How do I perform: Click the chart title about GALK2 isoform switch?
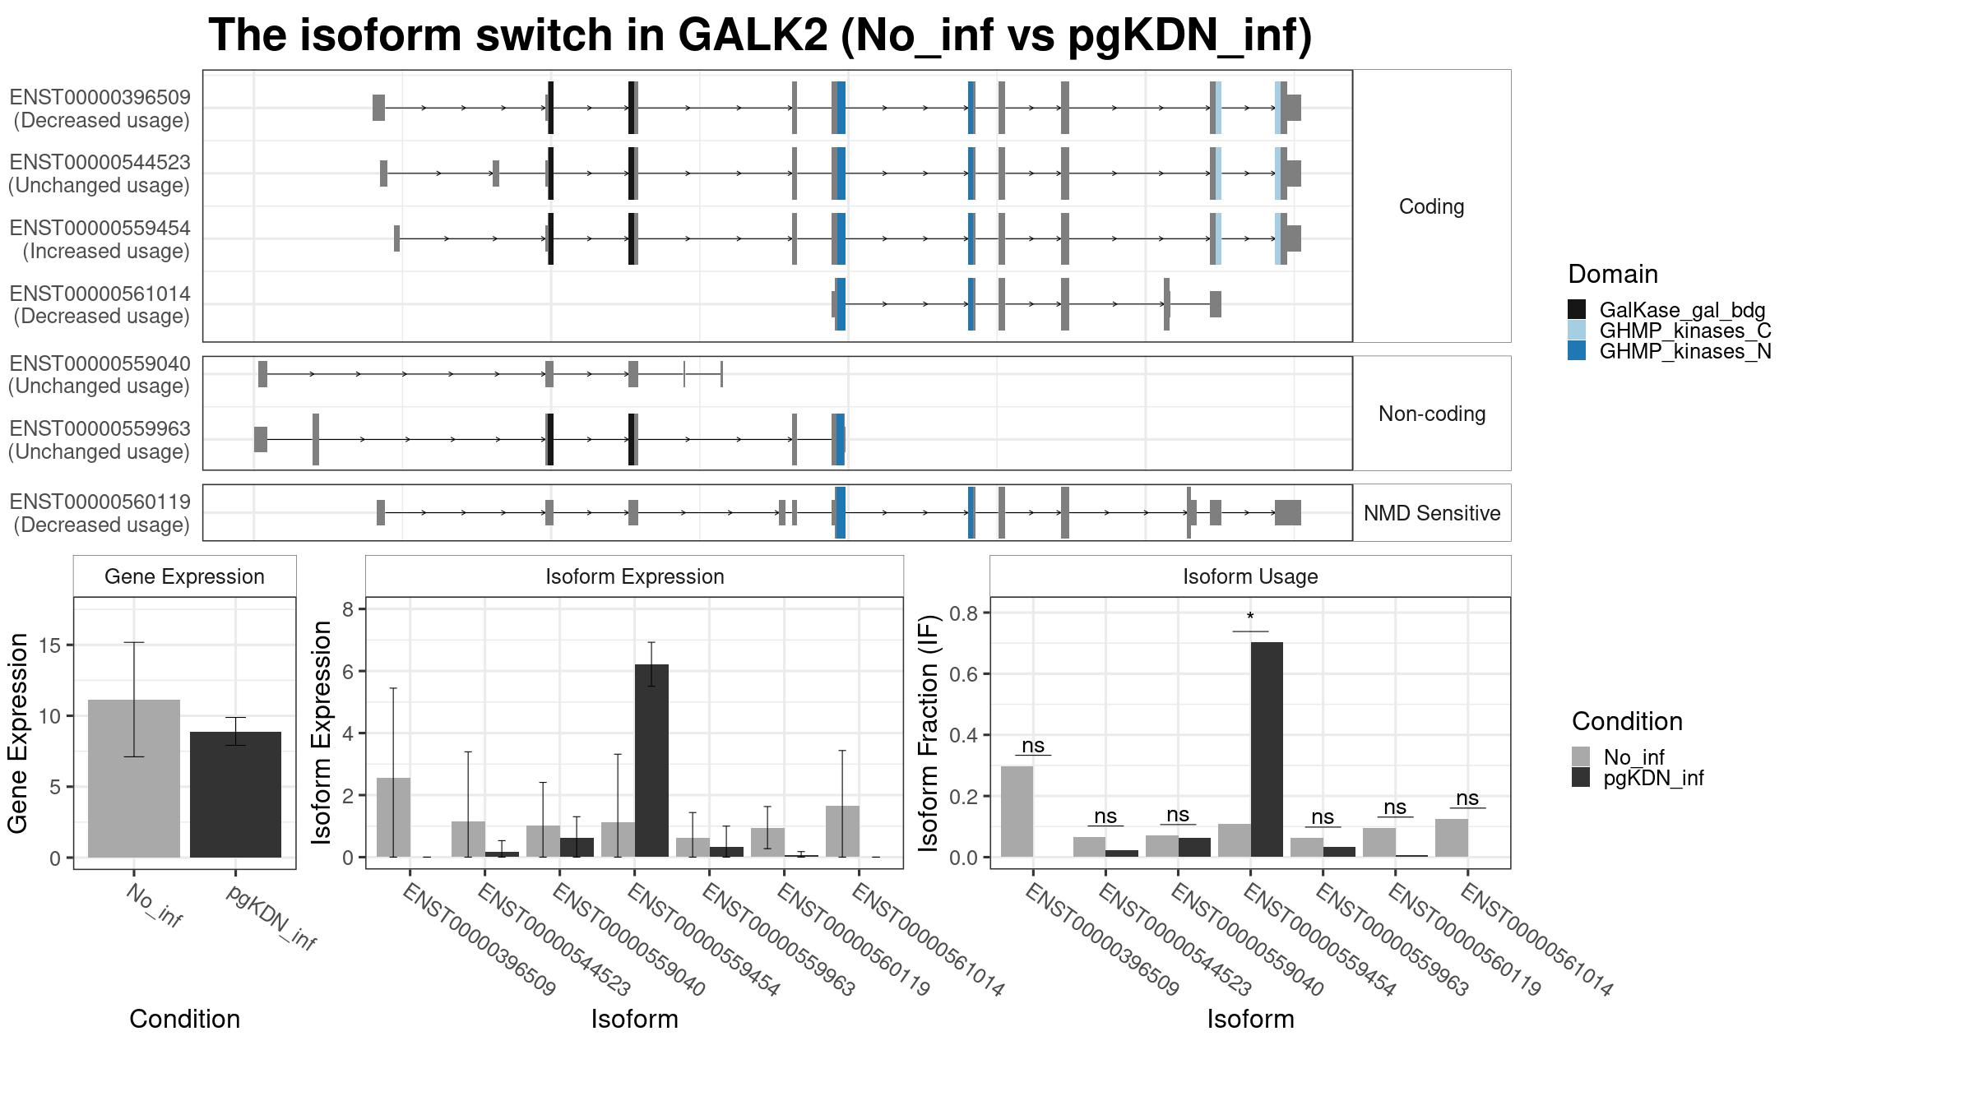[x=760, y=35]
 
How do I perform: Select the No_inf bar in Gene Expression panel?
[x=134, y=779]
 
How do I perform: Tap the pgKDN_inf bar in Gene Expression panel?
[x=235, y=794]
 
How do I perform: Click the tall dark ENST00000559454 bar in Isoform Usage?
[x=1267, y=750]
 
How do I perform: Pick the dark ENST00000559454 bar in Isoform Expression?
[x=651, y=761]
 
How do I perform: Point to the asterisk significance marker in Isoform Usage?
[x=1250, y=617]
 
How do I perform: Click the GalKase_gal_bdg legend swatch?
[x=1577, y=310]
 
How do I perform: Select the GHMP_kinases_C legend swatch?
[x=1577, y=331]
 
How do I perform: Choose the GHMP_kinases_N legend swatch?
[x=1577, y=351]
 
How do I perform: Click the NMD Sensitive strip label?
[x=1432, y=513]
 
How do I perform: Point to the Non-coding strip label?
[x=1432, y=414]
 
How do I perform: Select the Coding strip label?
[x=1432, y=206]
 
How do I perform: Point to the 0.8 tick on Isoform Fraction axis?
[x=966, y=613]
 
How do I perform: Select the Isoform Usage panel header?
[x=1250, y=576]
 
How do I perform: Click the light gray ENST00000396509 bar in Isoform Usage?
[x=1017, y=812]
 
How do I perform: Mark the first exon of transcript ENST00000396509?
[x=378, y=108]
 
